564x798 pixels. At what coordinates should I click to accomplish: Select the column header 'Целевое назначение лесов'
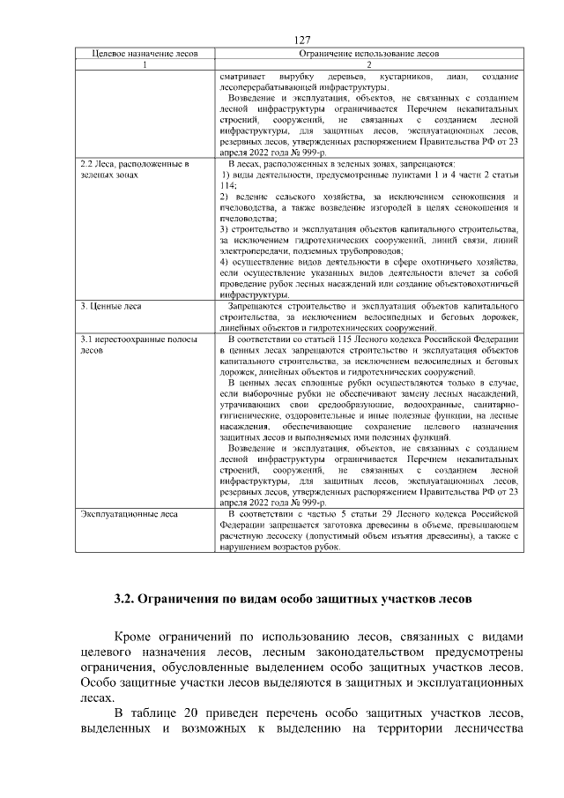tap(145, 55)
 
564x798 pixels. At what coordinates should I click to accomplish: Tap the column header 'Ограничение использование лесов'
tap(369, 55)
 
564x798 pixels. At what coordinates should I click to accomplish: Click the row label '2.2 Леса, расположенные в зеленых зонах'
tap(134, 170)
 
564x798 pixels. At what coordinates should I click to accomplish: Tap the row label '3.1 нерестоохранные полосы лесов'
tap(137, 344)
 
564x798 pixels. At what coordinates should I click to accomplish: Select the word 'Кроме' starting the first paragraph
tap(139, 637)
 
